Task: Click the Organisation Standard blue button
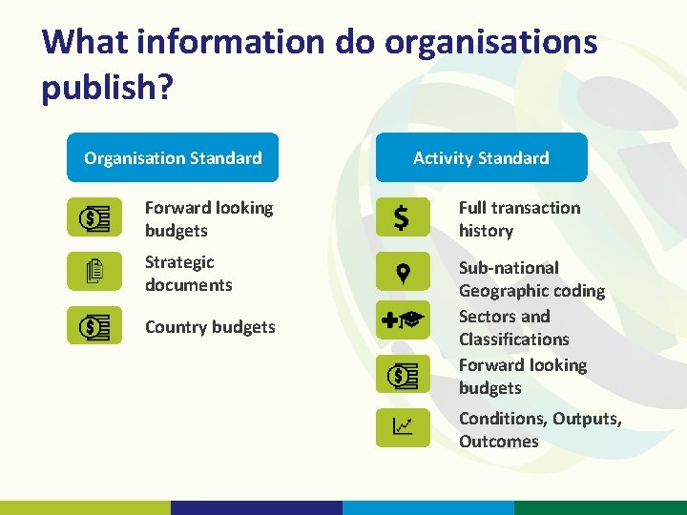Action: point(173,157)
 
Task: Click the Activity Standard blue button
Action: point(481,157)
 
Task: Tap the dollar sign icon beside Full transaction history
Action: point(402,218)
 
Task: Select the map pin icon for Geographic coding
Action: point(402,272)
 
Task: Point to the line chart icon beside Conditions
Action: point(402,427)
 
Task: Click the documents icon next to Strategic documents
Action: point(94,272)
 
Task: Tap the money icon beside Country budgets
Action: point(94,326)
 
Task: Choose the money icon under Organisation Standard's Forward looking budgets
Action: point(94,217)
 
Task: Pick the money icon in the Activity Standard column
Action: point(402,375)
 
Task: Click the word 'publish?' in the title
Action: point(108,88)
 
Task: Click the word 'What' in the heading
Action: point(84,43)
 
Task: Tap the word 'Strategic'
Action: point(179,261)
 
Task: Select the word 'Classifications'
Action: point(513,339)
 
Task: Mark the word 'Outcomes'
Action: point(498,441)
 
